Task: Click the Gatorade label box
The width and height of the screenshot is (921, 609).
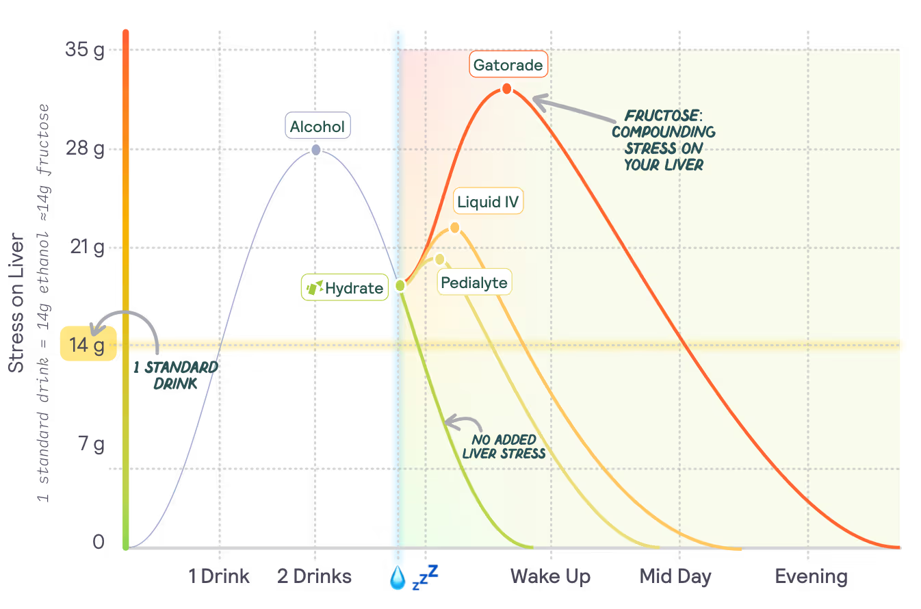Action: point(508,66)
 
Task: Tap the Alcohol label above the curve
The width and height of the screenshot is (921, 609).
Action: point(317,127)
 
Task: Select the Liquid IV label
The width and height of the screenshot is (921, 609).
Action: point(488,202)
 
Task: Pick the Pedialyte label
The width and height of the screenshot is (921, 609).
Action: point(475,283)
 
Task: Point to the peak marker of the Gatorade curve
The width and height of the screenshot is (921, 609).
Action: point(506,88)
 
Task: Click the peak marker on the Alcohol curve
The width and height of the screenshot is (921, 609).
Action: point(315,149)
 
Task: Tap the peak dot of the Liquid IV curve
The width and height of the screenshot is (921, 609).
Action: point(454,228)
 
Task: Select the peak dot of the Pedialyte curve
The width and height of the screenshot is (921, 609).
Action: point(440,259)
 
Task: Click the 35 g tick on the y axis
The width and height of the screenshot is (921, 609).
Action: point(85,49)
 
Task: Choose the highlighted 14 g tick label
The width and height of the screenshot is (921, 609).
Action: point(88,345)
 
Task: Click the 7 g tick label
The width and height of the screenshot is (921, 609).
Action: point(90,445)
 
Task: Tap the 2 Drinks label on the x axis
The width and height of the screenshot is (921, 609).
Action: point(315,576)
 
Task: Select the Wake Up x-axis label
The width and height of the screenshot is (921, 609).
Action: point(550,576)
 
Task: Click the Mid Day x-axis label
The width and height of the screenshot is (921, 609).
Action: point(675,576)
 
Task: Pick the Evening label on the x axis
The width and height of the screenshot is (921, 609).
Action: point(811,576)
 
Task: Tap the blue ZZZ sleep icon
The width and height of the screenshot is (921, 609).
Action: point(425,577)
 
